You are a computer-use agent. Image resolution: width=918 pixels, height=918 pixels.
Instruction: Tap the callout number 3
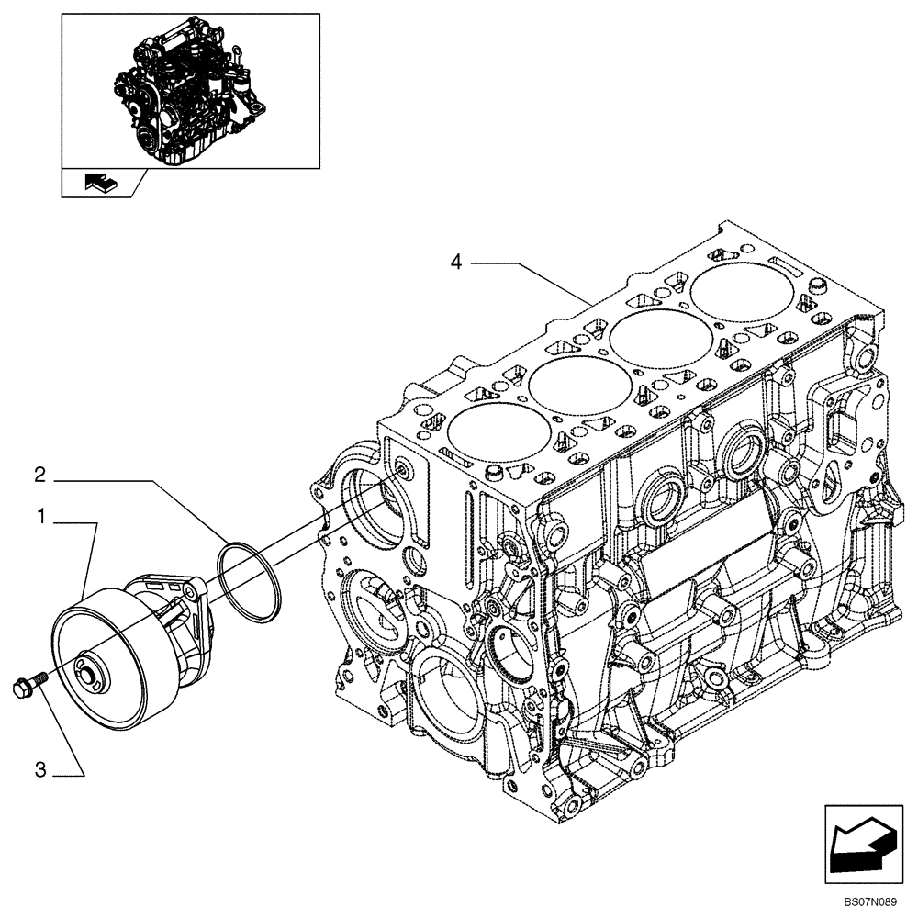40,771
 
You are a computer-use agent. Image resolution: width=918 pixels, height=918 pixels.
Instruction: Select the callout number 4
455,262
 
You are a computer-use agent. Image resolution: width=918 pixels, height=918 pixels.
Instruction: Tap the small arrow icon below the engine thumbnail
98,184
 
